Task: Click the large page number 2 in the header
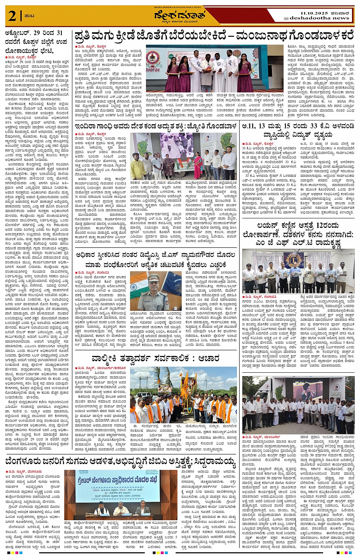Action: (x=12, y=16)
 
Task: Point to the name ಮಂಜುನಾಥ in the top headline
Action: (x=261, y=36)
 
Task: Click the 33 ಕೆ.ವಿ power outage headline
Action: (x=298, y=130)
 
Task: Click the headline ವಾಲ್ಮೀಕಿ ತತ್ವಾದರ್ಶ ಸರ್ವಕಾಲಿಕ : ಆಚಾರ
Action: (x=155, y=358)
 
